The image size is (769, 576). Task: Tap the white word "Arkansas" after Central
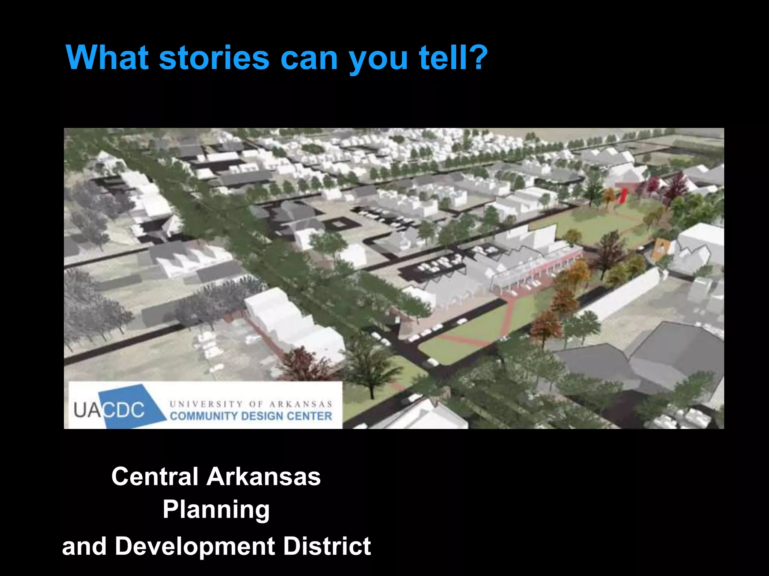click(x=264, y=477)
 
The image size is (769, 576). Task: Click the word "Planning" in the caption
click(x=216, y=510)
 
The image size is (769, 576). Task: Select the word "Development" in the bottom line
click(x=195, y=546)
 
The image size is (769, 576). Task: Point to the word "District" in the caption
click(x=327, y=546)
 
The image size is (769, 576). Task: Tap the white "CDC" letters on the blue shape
click(x=124, y=409)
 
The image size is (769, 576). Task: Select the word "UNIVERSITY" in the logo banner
click(x=206, y=404)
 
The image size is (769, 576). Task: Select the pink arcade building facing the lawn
click(x=541, y=268)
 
